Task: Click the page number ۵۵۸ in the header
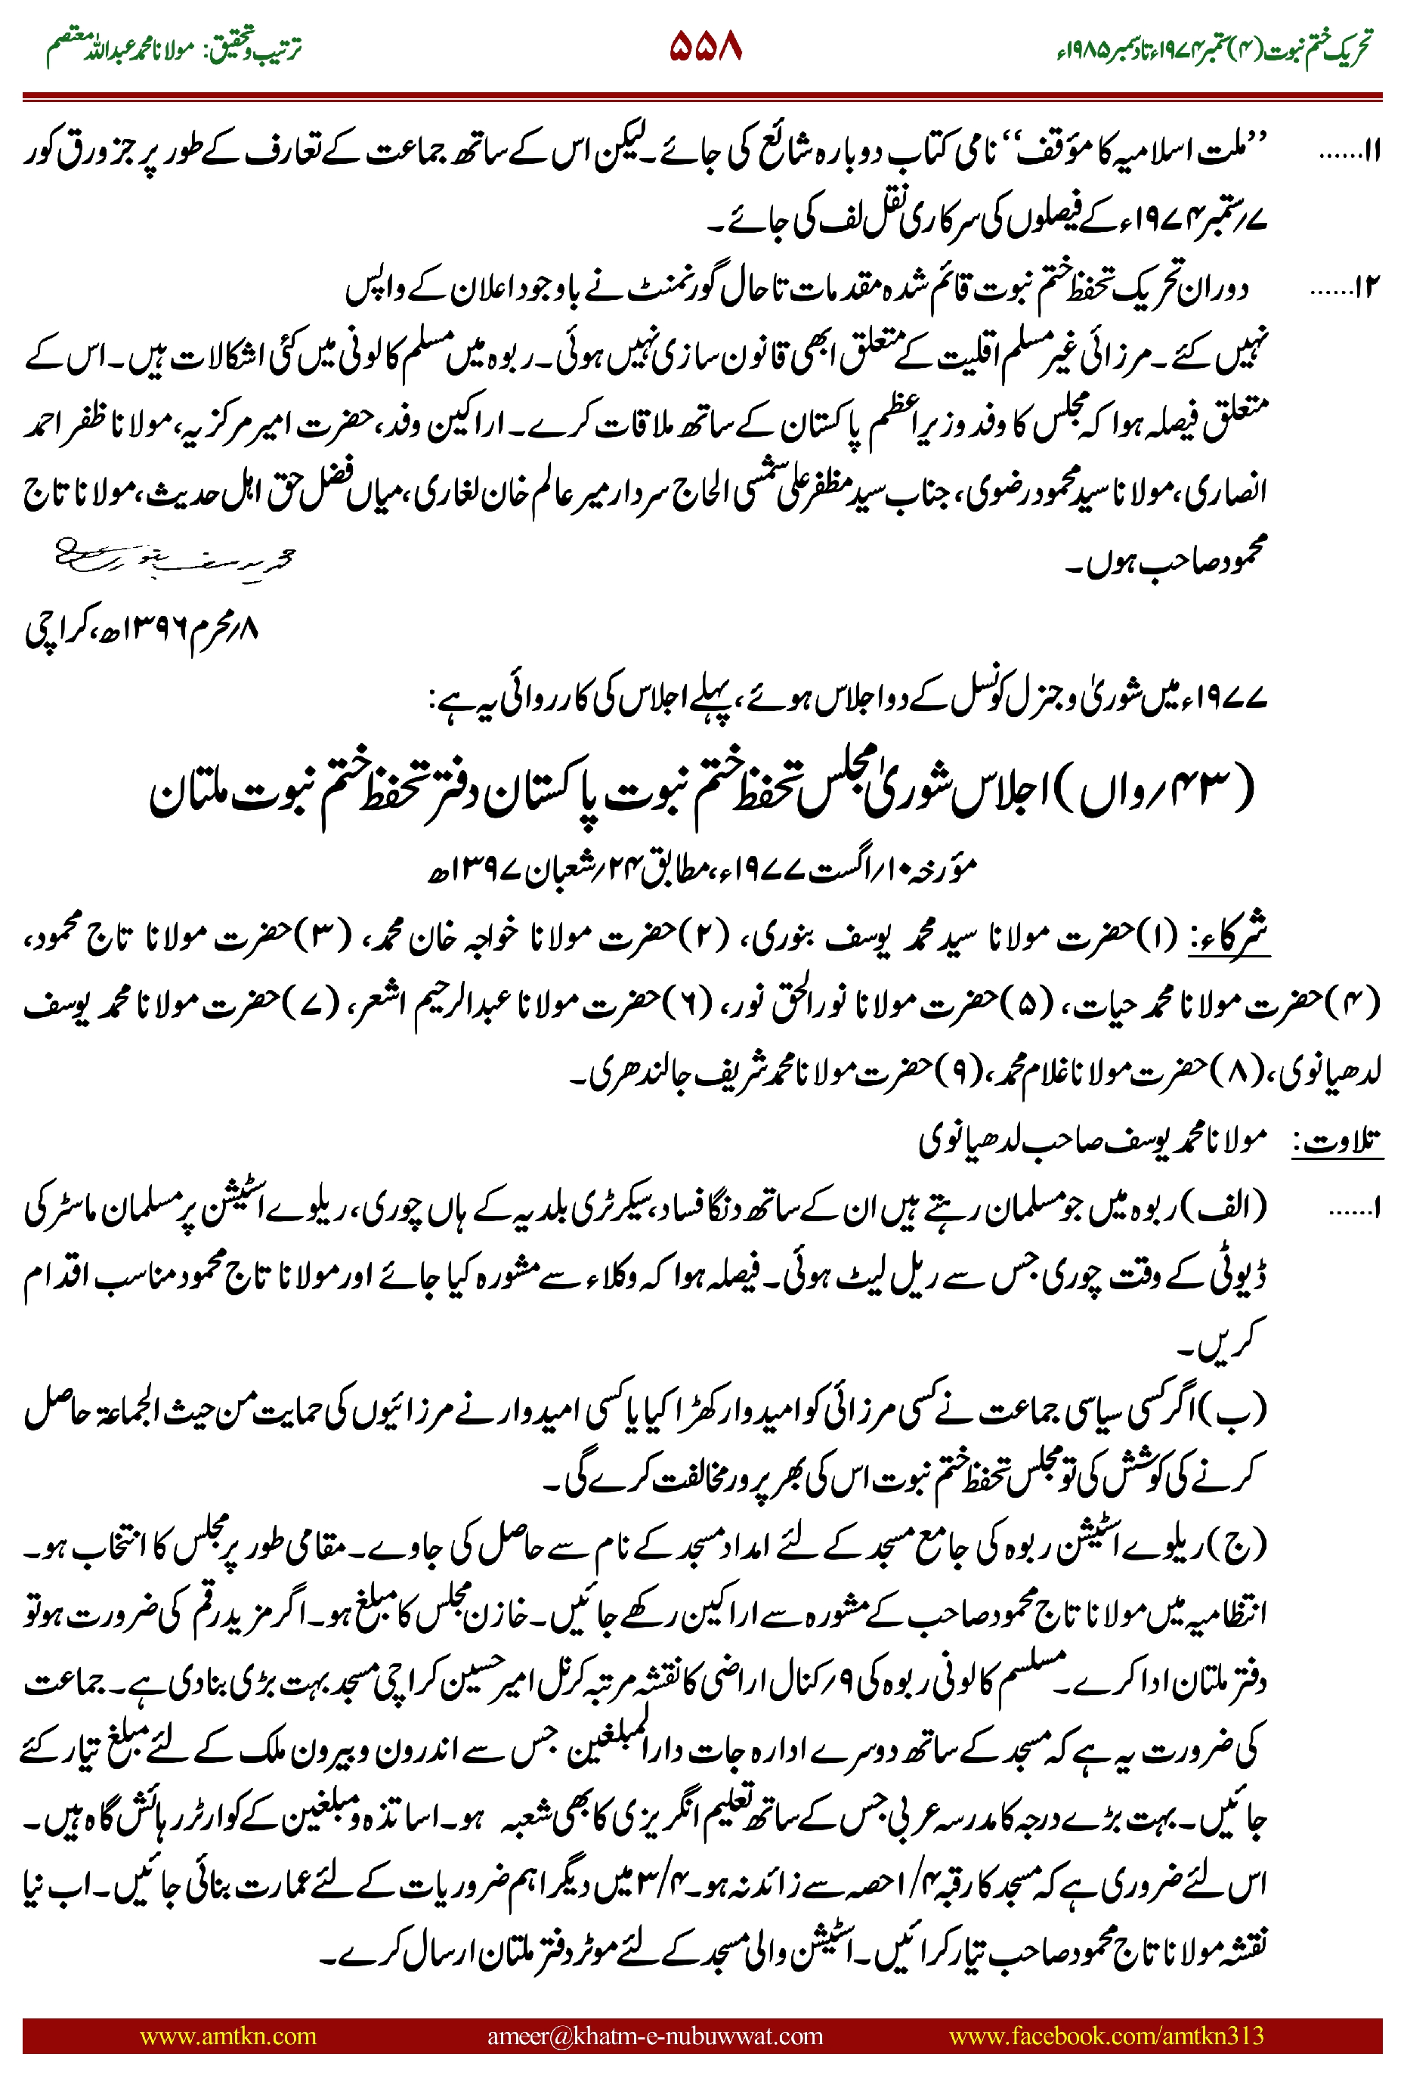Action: pos(705,47)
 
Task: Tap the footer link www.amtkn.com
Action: pos(227,2035)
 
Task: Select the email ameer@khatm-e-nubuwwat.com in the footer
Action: pos(654,2035)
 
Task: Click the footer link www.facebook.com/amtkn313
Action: pos(1106,2035)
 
